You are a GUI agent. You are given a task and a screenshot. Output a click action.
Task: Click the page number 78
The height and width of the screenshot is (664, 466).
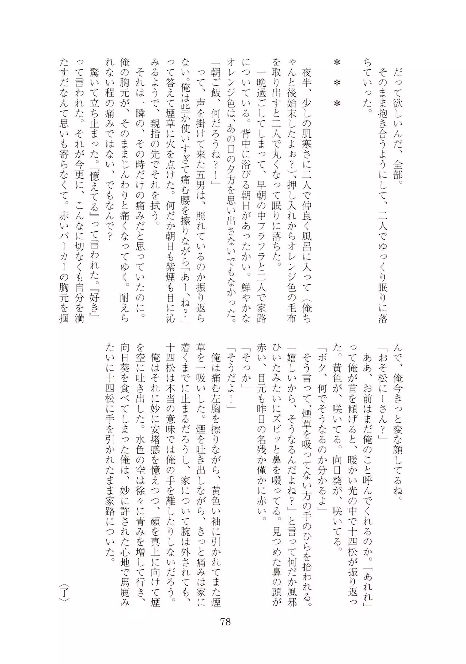tap(225, 621)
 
